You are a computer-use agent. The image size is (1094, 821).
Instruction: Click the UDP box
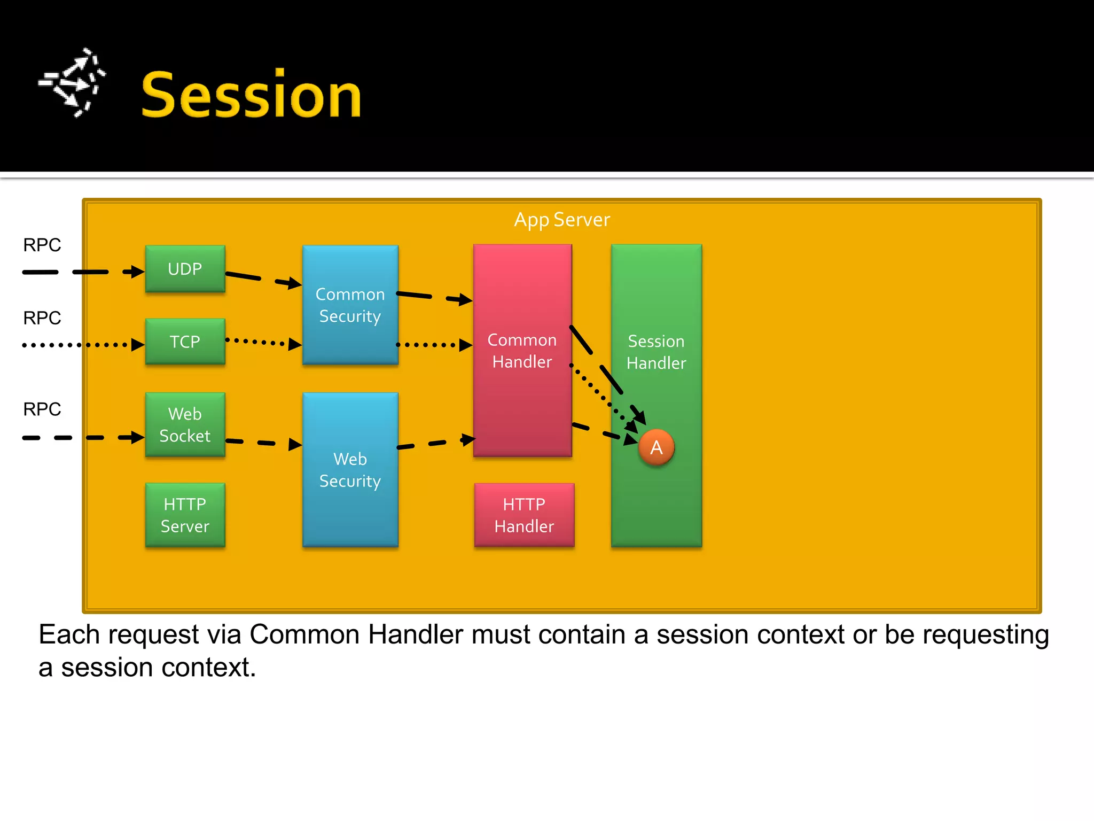point(185,269)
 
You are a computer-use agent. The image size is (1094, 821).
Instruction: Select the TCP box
point(185,342)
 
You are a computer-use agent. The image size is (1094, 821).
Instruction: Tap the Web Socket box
point(185,424)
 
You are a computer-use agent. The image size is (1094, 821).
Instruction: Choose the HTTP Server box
point(185,515)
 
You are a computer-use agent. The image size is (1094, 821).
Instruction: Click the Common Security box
point(350,305)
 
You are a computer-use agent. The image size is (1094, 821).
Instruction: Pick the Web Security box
point(350,470)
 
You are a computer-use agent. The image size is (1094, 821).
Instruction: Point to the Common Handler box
point(522,351)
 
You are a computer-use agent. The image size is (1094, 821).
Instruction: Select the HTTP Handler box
point(524,515)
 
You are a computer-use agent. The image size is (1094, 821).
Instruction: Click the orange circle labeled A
point(656,447)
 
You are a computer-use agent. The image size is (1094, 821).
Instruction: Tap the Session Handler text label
point(656,352)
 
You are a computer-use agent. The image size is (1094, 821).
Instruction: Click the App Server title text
point(561,220)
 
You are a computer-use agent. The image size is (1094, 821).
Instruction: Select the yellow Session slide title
point(251,95)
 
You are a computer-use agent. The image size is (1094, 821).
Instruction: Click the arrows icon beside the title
point(73,83)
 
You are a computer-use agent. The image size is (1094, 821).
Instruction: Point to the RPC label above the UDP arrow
point(42,245)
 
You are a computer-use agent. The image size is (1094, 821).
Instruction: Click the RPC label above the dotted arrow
point(42,318)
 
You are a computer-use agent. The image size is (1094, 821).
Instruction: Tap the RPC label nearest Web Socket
point(42,409)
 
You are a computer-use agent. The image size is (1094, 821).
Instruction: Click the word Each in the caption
point(69,635)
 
